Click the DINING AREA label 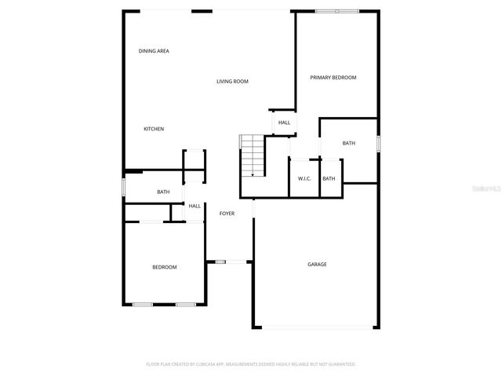(154, 51)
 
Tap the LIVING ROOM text (232, 82)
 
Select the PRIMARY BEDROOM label (333, 78)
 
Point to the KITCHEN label (154, 129)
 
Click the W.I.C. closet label (304, 179)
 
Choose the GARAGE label (317, 265)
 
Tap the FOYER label (227, 214)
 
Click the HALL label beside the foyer (195, 206)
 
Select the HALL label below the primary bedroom (284, 123)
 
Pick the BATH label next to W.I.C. (329, 179)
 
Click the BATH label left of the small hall (163, 192)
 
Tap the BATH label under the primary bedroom (348, 144)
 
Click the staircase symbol (251, 155)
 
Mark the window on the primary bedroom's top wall (336, 11)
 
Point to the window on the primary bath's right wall (377, 145)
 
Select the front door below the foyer (220, 262)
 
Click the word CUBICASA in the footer (209, 364)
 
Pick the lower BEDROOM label (164, 268)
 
